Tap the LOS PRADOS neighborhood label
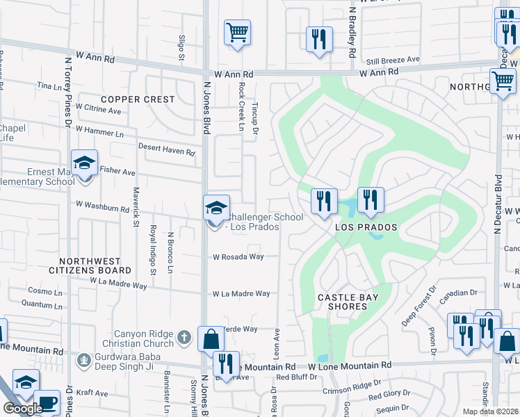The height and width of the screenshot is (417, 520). pyautogui.click(x=366, y=227)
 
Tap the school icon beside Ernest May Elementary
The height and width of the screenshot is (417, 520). pyautogui.click(x=85, y=164)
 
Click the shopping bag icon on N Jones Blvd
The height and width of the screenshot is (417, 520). pyautogui.click(x=211, y=340)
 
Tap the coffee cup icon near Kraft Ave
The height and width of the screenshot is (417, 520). pyautogui.click(x=47, y=403)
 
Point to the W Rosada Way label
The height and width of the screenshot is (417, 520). pyautogui.click(x=238, y=256)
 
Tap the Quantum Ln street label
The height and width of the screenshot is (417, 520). pyautogui.click(x=37, y=303)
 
